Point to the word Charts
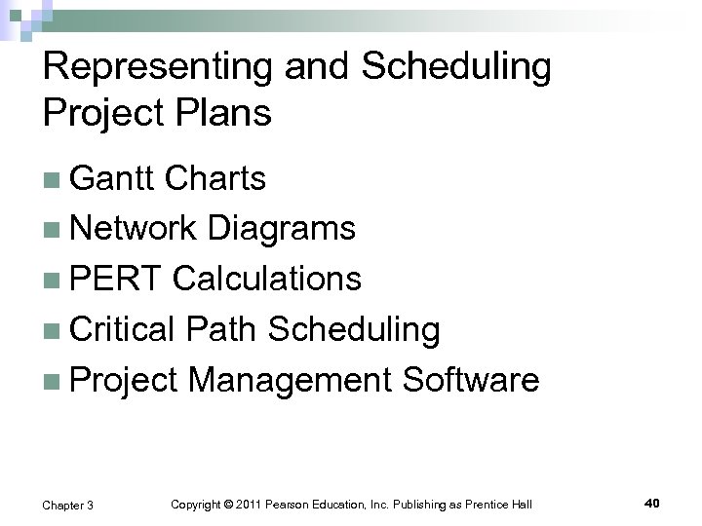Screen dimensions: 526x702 [x=215, y=178]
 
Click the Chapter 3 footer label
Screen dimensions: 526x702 [x=68, y=505]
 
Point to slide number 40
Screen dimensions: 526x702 [x=652, y=503]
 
